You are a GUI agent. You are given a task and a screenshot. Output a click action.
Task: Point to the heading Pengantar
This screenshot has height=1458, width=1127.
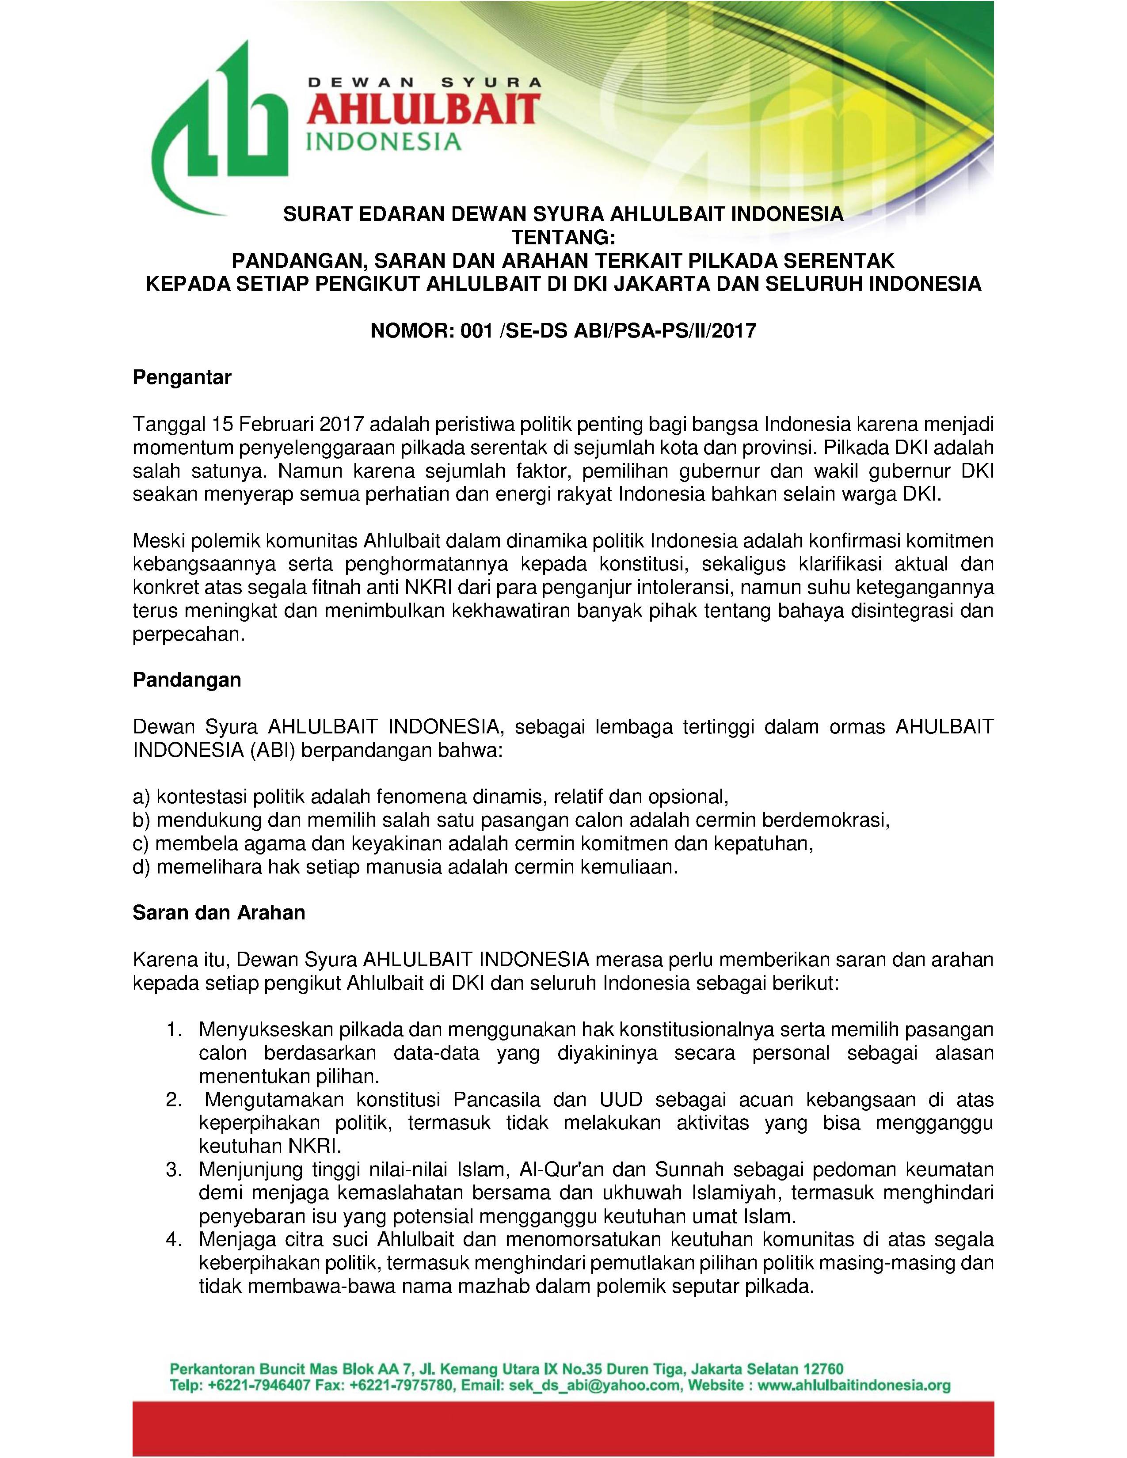pos(182,377)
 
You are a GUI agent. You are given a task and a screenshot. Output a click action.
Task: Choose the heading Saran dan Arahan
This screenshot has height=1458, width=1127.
pos(218,913)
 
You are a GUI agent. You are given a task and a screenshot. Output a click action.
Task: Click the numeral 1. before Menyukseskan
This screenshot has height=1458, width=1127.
pos(175,1029)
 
